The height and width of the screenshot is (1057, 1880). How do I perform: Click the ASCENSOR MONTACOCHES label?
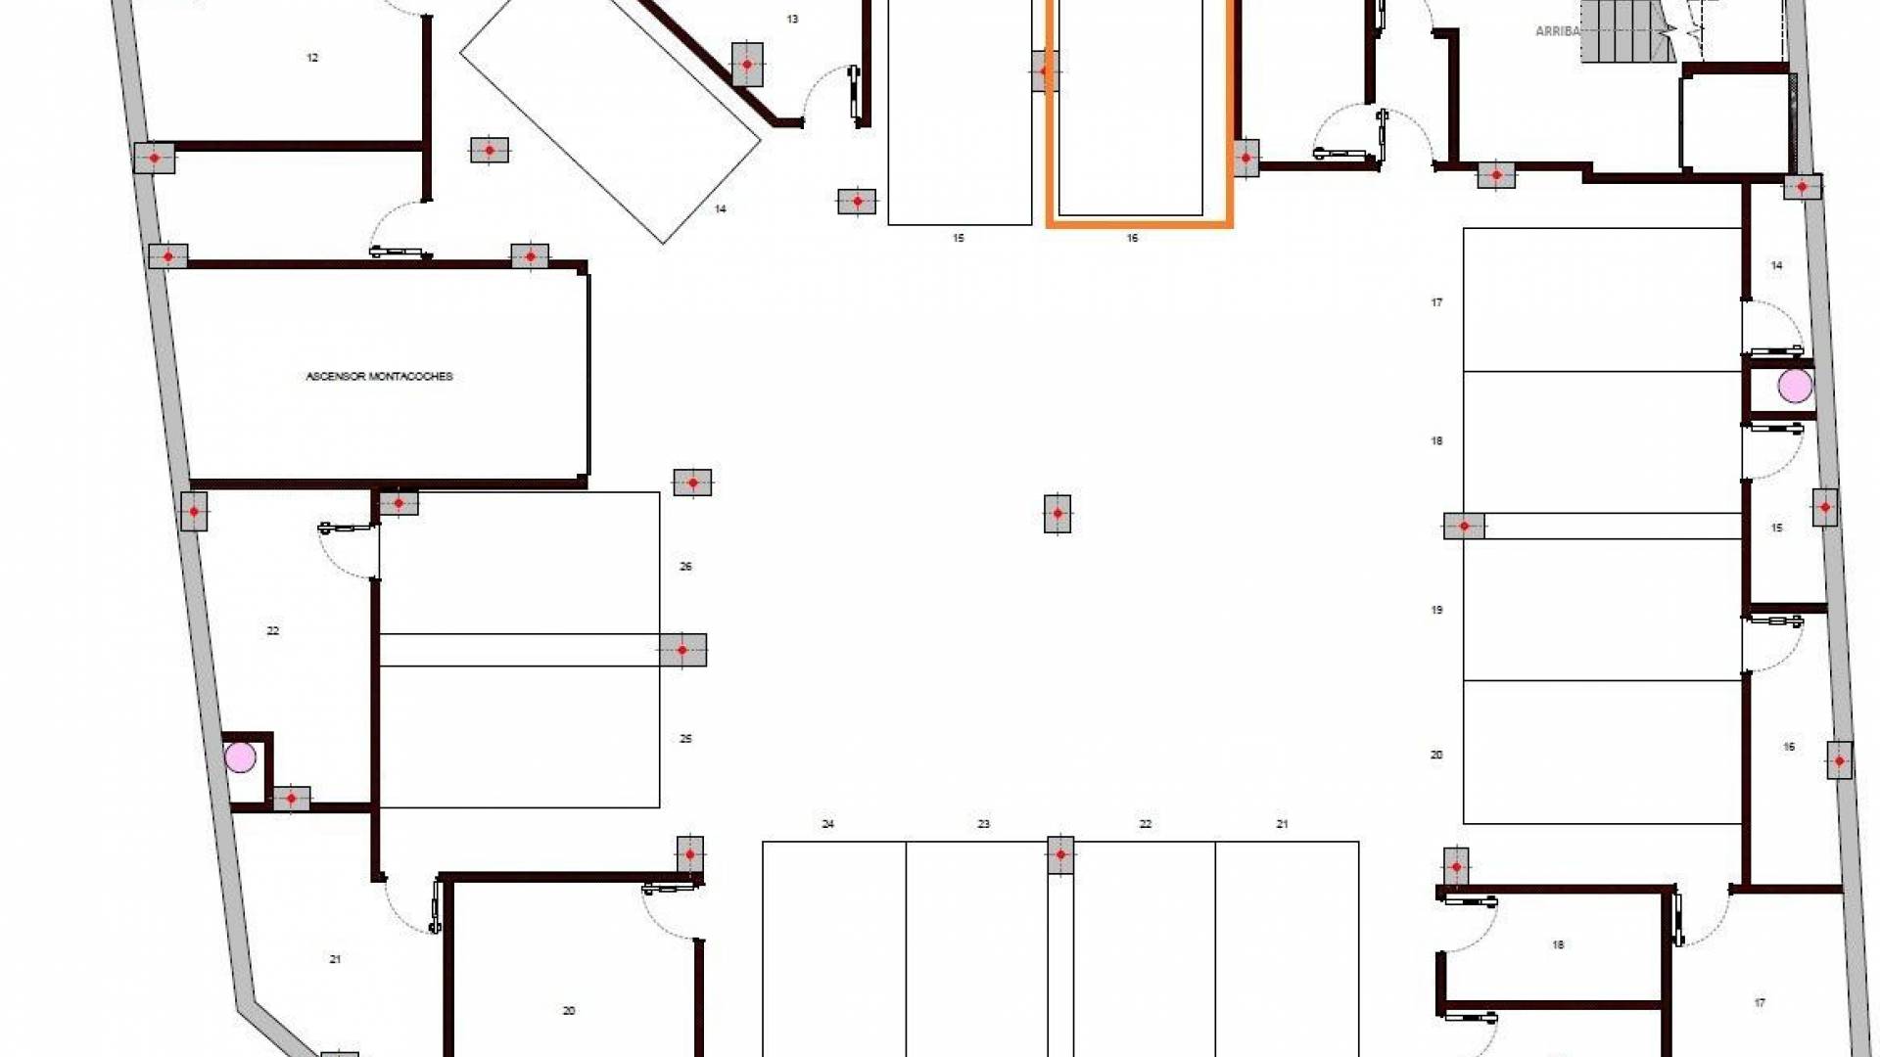pyautogui.click(x=379, y=376)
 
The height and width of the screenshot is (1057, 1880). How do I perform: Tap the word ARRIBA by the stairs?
pyautogui.click(x=1556, y=31)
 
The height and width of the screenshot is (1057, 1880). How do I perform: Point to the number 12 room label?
pyautogui.click(x=312, y=58)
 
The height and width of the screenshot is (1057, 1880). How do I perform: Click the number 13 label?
pyautogui.click(x=792, y=19)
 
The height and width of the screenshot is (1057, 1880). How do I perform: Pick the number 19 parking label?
pyautogui.click(x=1436, y=610)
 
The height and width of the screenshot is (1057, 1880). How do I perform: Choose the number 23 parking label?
pyautogui.click(x=983, y=824)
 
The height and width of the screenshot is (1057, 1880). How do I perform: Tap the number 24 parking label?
pyautogui.click(x=827, y=824)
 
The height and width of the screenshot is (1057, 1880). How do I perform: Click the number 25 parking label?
pyautogui.click(x=685, y=739)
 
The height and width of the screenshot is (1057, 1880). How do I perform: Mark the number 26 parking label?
pyautogui.click(x=685, y=567)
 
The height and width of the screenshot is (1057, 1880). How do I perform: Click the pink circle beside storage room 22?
pyautogui.click(x=240, y=757)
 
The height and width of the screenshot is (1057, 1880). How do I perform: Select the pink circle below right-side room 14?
pyautogui.click(x=1795, y=386)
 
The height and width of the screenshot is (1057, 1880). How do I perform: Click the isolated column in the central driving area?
pyautogui.click(x=1057, y=513)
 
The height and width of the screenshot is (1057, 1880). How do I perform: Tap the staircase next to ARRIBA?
pyautogui.click(x=1625, y=31)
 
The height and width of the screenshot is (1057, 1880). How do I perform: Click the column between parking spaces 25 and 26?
pyautogui.click(x=682, y=650)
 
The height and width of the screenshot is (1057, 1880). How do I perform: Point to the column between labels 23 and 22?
pyautogui.click(x=1060, y=854)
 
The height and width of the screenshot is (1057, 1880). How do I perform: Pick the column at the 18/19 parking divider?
pyautogui.click(x=1464, y=527)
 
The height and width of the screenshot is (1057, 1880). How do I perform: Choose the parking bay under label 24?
pyautogui.click(x=834, y=948)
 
